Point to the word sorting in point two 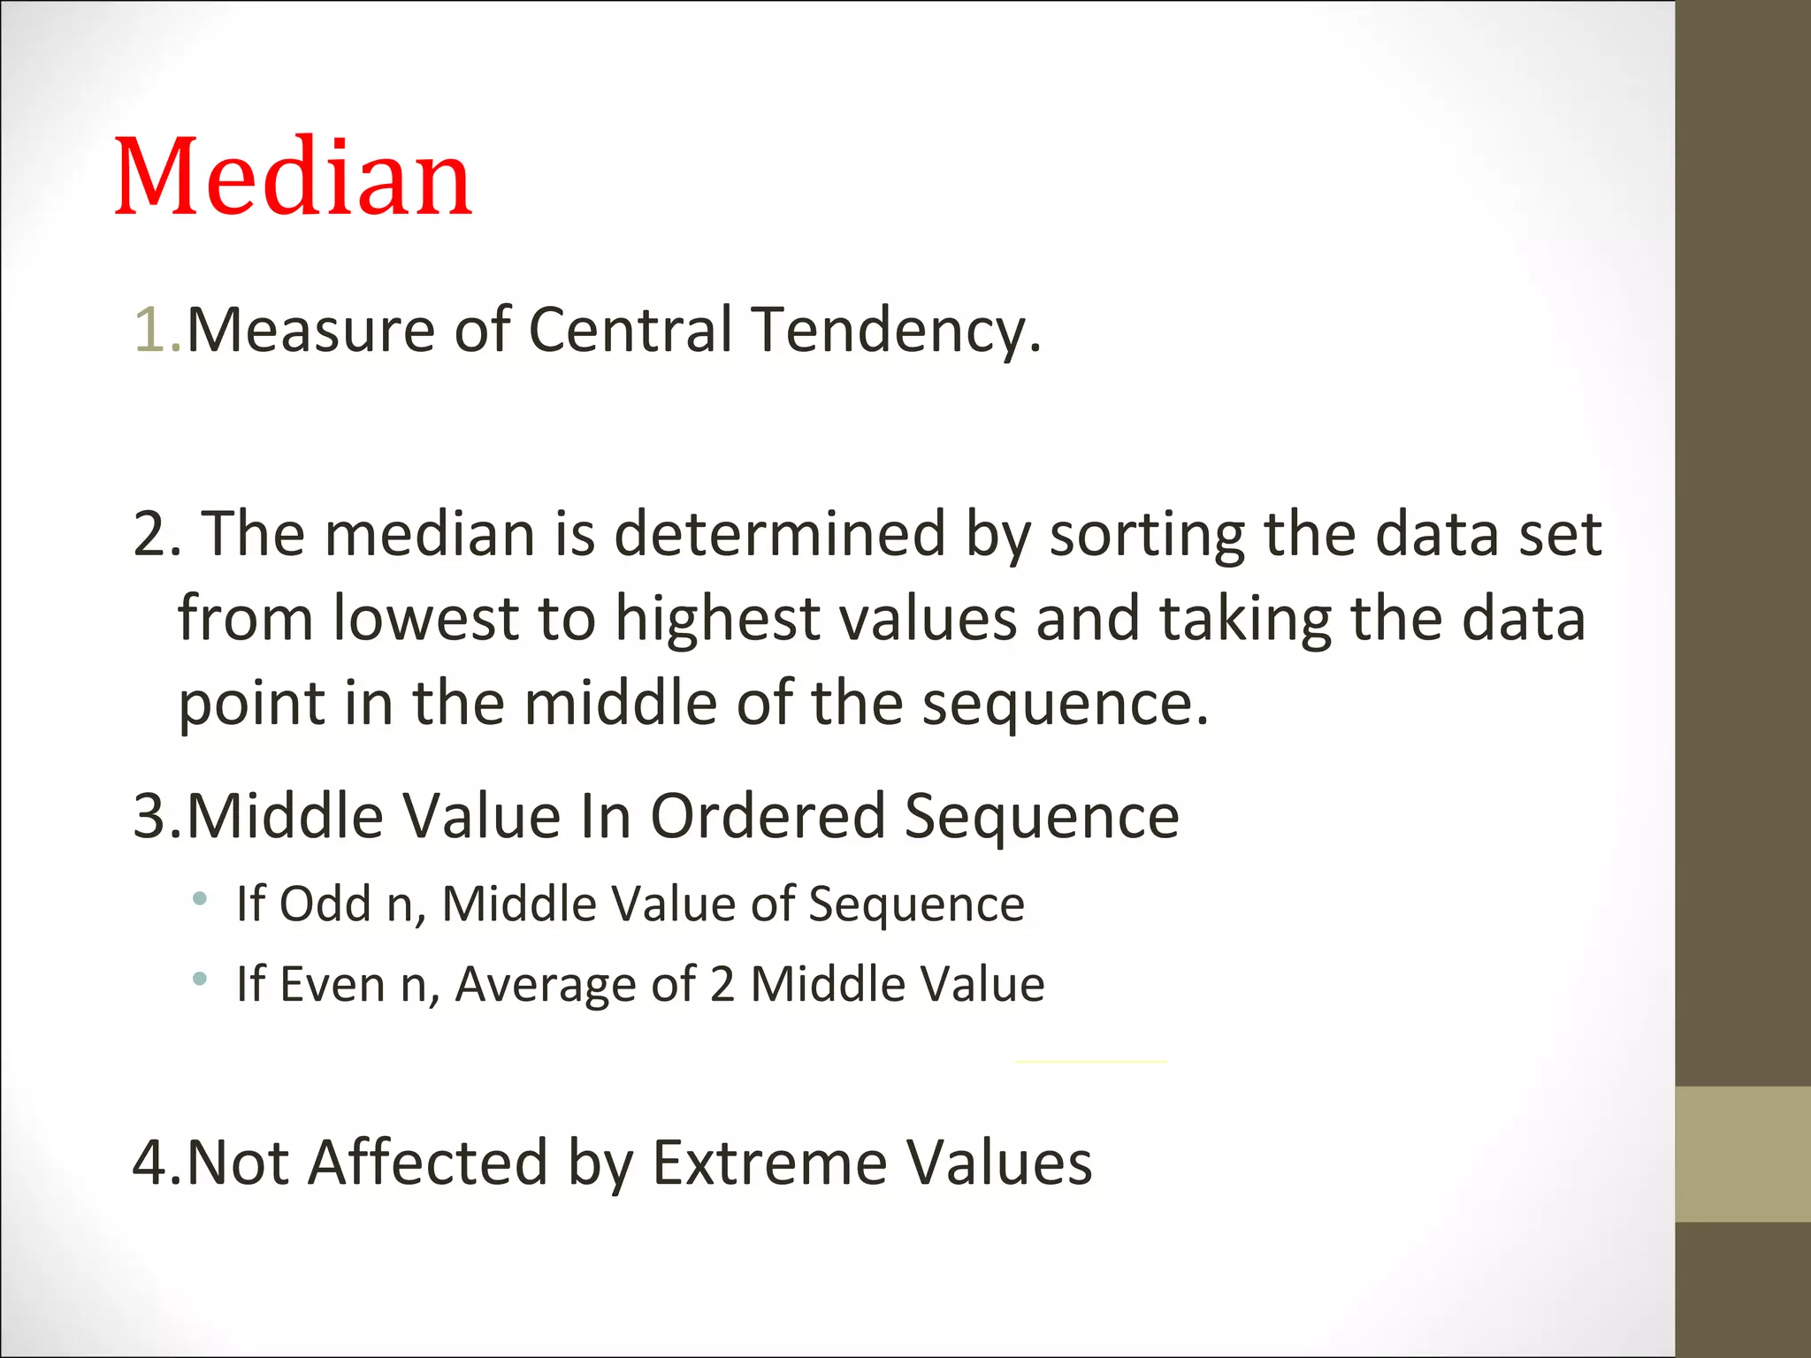(x=1147, y=537)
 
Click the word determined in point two (x=780, y=535)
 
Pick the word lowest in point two (x=425, y=618)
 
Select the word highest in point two (x=717, y=620)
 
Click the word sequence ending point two (x=1065, y=705)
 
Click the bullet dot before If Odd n (x=200, y=900)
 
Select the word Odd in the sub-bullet (x=325, y=904)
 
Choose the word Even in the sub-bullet (x=332, y=984)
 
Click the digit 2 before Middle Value (x=722, y=985)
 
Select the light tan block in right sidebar (x=1742, y=1154)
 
